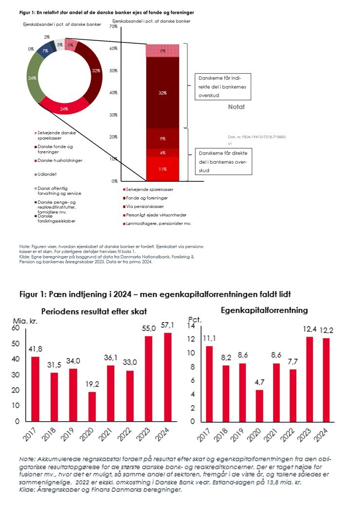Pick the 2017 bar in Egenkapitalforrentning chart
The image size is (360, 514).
pos(209,383)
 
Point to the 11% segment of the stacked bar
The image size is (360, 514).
pos(162,169)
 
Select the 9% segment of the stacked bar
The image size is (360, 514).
pos(162,138)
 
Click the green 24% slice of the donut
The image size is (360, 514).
pos(34,78)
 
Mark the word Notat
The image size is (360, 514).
pos(237,106)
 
